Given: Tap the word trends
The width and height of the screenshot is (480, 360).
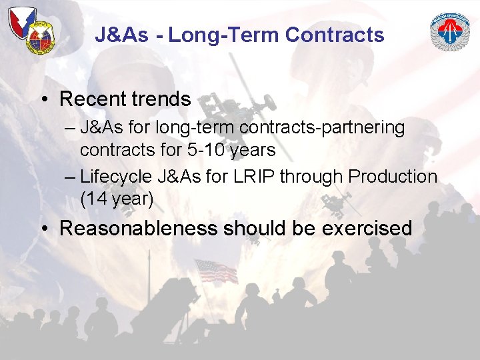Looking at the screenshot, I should (160, 99).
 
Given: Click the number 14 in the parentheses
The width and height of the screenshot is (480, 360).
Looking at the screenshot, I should (96, 199).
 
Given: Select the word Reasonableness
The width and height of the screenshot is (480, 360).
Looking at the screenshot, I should (138, 228).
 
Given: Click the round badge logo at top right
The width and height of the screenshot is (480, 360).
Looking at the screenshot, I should (450, 32).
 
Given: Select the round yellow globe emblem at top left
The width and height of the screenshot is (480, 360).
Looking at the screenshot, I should (39, 39).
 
